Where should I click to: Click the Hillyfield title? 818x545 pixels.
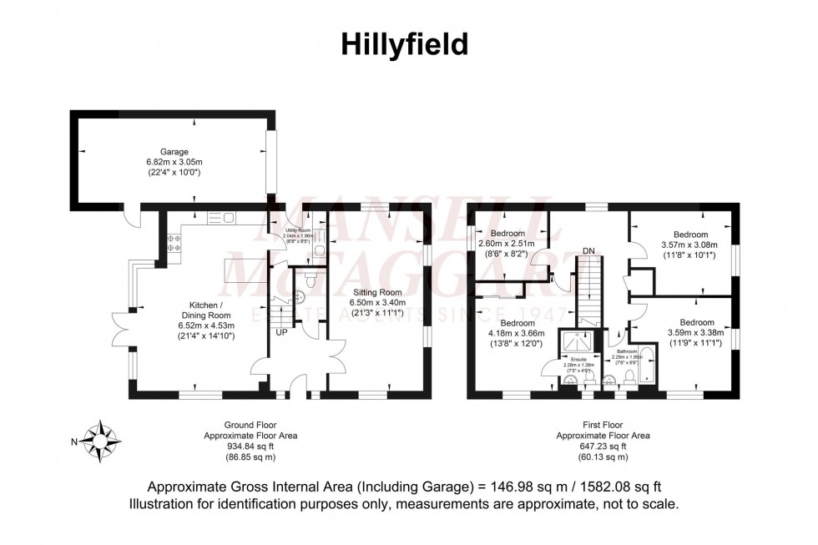pyautogui.click(x=405, y=44)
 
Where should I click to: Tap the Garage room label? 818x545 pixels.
pyautogui.click(x=174, y=152)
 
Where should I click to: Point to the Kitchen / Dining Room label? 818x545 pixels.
pyautogui.click(x=204, y=310)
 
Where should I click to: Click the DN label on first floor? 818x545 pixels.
pyautogui.click(x=589, y=250)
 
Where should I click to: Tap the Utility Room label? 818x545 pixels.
pyautogui.click(x=296, y=229)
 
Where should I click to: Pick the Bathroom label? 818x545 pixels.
pyautogui.click(x=627, y=351)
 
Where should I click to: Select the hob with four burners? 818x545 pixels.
pyautogui.click(x=175, y=242)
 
